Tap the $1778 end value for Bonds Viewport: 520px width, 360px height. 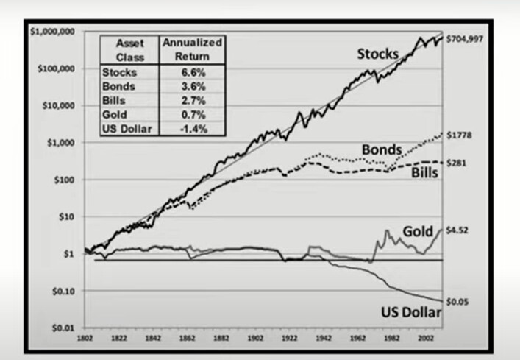click(462, 135)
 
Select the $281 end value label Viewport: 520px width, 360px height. click(457, 163)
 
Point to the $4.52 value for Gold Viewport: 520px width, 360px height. click(459, 230)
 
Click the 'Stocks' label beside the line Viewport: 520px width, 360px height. click(378, 54)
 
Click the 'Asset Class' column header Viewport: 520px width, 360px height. click(129, 49)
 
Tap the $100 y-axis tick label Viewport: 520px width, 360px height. click(68, 180)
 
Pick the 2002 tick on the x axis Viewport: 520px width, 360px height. click(419, 341)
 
